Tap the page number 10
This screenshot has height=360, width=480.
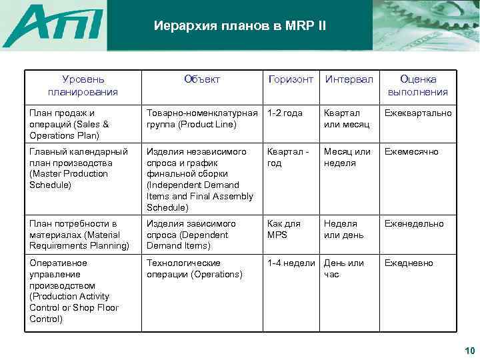(x=468, y=351)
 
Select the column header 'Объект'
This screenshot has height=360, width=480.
(x=201, y=79)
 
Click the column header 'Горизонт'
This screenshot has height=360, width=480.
(x=290, y=79)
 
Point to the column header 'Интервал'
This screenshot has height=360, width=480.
(x=349, y=79)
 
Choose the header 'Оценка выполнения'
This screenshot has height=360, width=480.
(x=419, y=85)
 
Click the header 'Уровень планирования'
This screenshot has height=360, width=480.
(x=83, y=85)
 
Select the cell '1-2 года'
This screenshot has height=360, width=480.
(x=285, y=113)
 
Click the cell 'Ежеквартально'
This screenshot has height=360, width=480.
(x=418, y=113)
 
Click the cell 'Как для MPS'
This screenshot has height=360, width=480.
(x=284, y=229)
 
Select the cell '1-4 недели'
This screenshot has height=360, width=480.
(x=291, y=263)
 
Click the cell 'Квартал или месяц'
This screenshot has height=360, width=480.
(x=347, y=119)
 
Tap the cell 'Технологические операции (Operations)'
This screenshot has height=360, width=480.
(x=194, y=268)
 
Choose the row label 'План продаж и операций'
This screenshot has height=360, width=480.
(x=69, y=124)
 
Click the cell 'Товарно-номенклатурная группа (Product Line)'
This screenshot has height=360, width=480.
(x=202, y=119)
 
